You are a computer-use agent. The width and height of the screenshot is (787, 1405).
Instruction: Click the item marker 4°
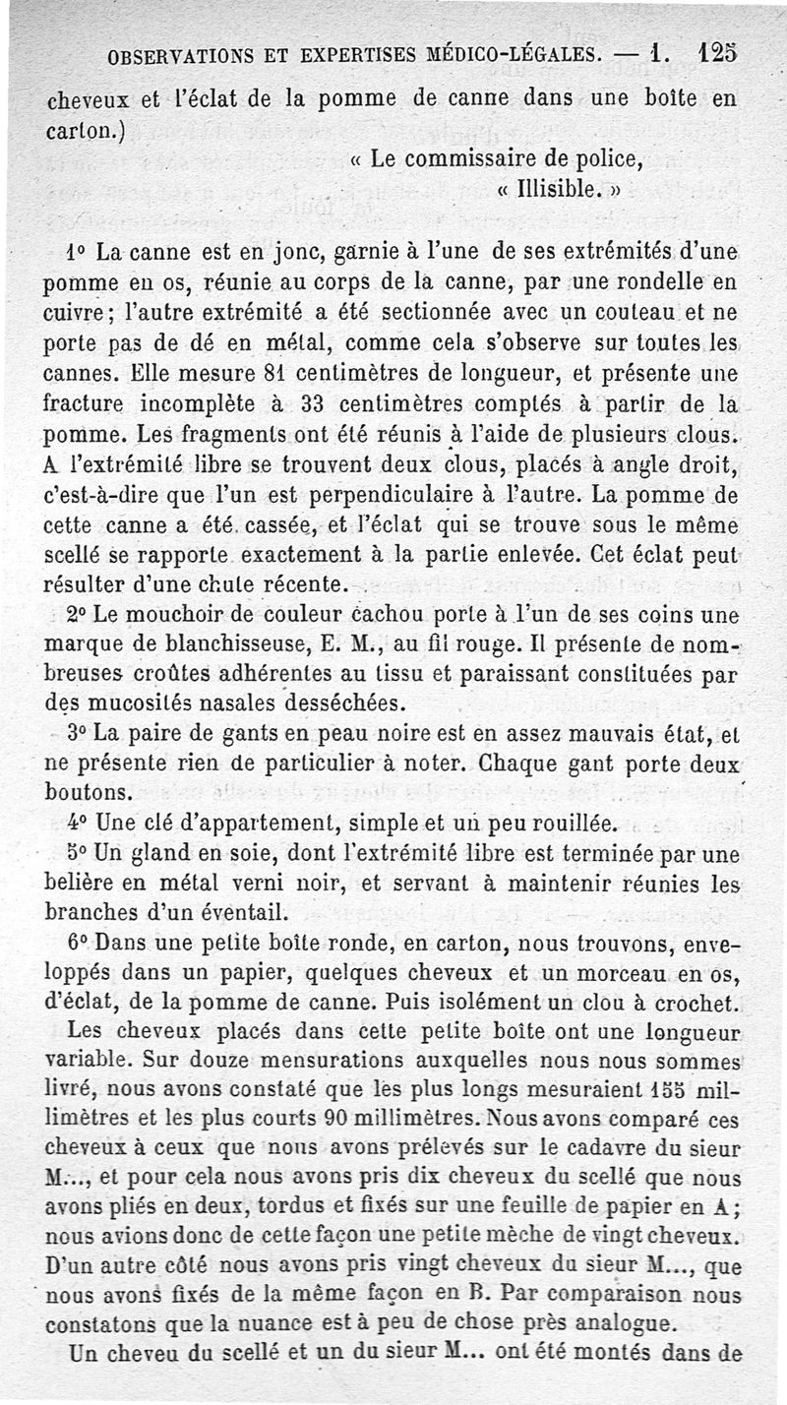80,822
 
